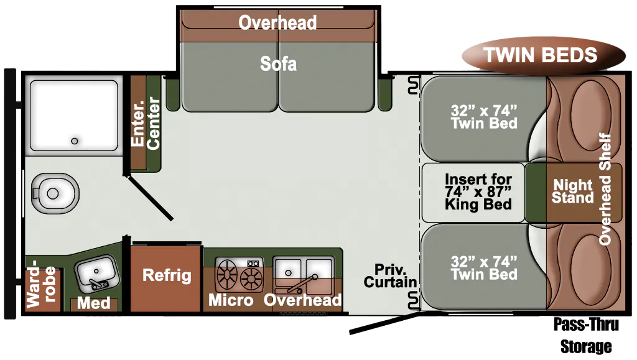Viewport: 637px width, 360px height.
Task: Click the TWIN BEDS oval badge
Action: point(544,55)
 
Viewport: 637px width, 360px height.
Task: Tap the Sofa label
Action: point(278,63)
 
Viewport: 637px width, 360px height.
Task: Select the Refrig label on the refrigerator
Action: point(167,275)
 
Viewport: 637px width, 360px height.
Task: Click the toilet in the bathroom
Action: point(55,193)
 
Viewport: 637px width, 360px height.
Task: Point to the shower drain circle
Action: point(75,141)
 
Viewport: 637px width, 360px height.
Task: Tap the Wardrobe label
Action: point(40,284)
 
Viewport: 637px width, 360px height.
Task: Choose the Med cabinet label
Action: point(94,303)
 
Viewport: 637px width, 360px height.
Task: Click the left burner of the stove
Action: point(228,273)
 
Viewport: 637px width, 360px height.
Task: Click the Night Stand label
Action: point(573,191)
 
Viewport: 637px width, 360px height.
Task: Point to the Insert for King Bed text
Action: point(478,192)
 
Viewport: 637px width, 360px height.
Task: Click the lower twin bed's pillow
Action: point(591,268)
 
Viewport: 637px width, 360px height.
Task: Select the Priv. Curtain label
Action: point(390,275)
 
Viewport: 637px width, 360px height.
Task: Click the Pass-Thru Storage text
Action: point(586,335)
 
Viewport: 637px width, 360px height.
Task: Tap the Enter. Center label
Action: point(146,123)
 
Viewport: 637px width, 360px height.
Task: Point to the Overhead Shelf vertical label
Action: point(605,189)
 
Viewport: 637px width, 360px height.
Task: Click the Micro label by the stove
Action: point(231,300)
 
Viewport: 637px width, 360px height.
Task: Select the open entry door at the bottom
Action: point(384,323)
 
